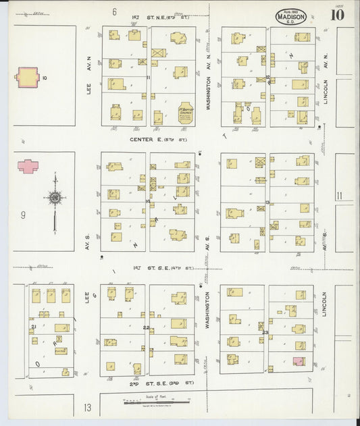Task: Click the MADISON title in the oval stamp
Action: pyautogui.click(x=291, y=15)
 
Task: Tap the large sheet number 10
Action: pyautogui.click(x=338, y=15)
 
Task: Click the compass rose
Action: pyautogui.click(x=55, y=198)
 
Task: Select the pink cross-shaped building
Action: pyautogui.click(x=28, y=165)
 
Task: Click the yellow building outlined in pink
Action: pyautogui.click(x=28, y=77)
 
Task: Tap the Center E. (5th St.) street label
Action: pyautogui.click(x=158, y=139)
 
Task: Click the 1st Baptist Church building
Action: pyautogui.click(x=186, y=111)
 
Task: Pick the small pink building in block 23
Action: pyautogui.click(x=299, y=361)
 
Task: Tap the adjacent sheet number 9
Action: pyautogui.click(x=23, y=215)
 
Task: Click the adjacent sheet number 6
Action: pyautogui.click(x=115, y=11)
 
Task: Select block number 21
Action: pyautogui.click(x=33, y=327)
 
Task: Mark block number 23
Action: pyautogui.click(x=265, y=332)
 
